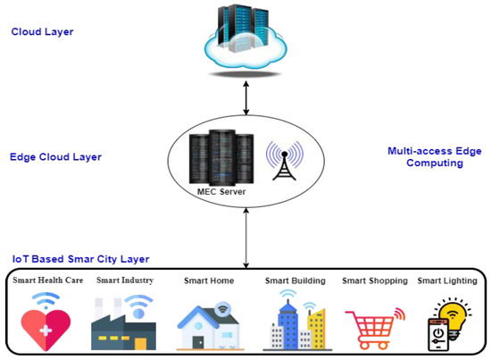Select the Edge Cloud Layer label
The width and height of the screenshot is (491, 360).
tap(55, 157)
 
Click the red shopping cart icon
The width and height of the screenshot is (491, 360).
tap(371, 327)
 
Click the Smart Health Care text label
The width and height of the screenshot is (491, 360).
tap(47, 280)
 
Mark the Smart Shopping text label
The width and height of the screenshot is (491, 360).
tap(374, 280)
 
